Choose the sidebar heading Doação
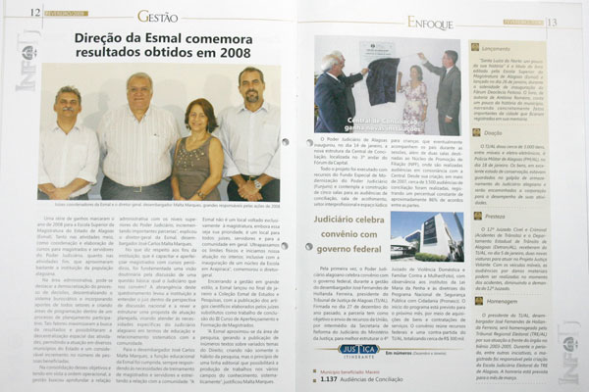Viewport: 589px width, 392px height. tap(494, 132)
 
